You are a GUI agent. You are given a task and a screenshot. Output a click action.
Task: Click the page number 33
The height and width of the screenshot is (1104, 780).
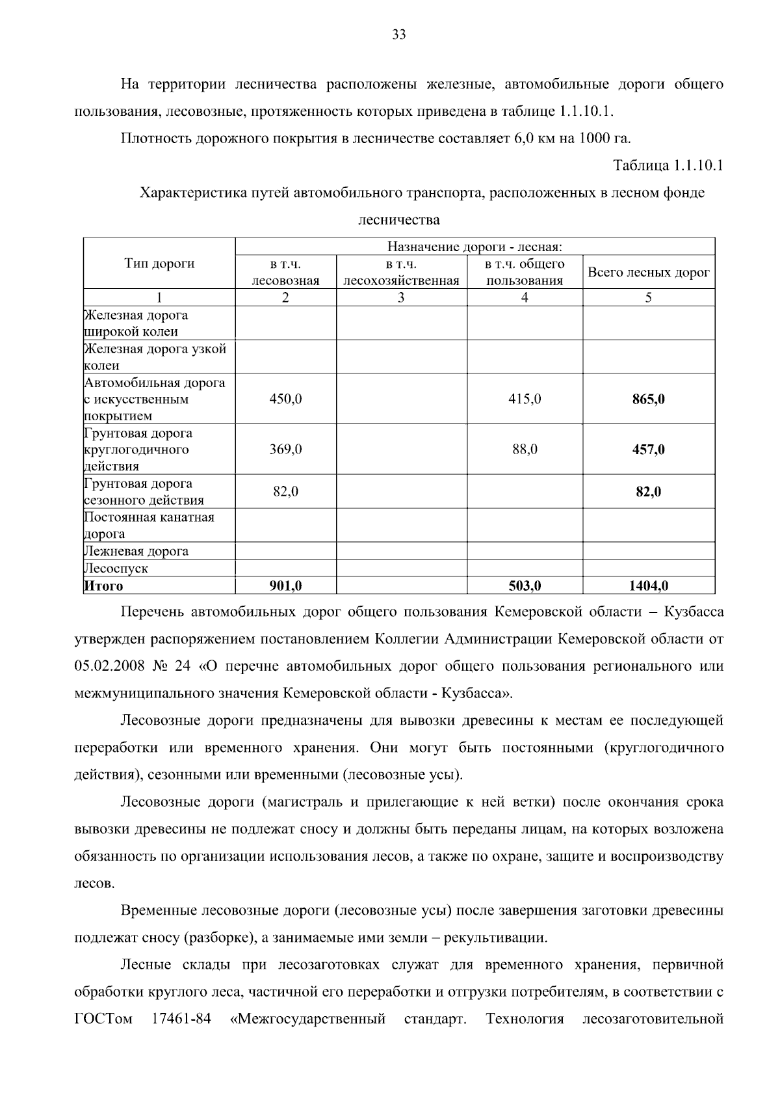point(399,35)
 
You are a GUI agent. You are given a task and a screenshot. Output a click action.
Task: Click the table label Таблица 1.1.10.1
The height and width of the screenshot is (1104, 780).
point(668,165)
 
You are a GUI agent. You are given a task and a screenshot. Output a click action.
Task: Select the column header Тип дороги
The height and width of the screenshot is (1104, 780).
point(159,263)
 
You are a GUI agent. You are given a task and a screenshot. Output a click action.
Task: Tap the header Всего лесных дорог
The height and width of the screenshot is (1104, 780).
point(648,273)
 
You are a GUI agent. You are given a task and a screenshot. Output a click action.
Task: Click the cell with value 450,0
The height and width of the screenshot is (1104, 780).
point(285,399)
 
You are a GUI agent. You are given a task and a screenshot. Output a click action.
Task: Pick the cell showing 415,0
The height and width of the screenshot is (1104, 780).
point(525,399)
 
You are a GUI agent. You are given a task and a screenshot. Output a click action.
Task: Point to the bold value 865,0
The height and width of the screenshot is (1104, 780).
point(648,399)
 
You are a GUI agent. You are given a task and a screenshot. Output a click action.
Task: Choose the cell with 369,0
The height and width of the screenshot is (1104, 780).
point(285,450)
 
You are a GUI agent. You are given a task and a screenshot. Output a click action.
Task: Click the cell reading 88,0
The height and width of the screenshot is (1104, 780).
point(525,450)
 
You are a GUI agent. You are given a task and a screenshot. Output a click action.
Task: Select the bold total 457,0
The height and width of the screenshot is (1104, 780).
point(648,450)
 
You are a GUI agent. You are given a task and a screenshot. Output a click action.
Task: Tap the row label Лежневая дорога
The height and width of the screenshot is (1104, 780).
point(136,551)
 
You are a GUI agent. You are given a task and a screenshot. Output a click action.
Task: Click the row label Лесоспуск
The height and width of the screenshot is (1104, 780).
point(116,568)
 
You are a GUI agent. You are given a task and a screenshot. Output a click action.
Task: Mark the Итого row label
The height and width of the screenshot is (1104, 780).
point(104,586)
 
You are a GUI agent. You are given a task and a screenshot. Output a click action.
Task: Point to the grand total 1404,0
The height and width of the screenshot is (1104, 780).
point(648,586)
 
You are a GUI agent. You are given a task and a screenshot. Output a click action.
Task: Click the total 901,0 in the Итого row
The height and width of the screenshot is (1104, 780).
point(285,586)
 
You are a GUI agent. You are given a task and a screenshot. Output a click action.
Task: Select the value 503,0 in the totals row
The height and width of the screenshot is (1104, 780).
point(525,586)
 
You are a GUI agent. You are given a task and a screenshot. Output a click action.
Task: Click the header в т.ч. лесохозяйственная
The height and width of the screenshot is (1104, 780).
point(401,273)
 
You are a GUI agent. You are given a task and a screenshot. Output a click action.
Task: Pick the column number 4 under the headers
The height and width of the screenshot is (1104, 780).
point(525,298)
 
